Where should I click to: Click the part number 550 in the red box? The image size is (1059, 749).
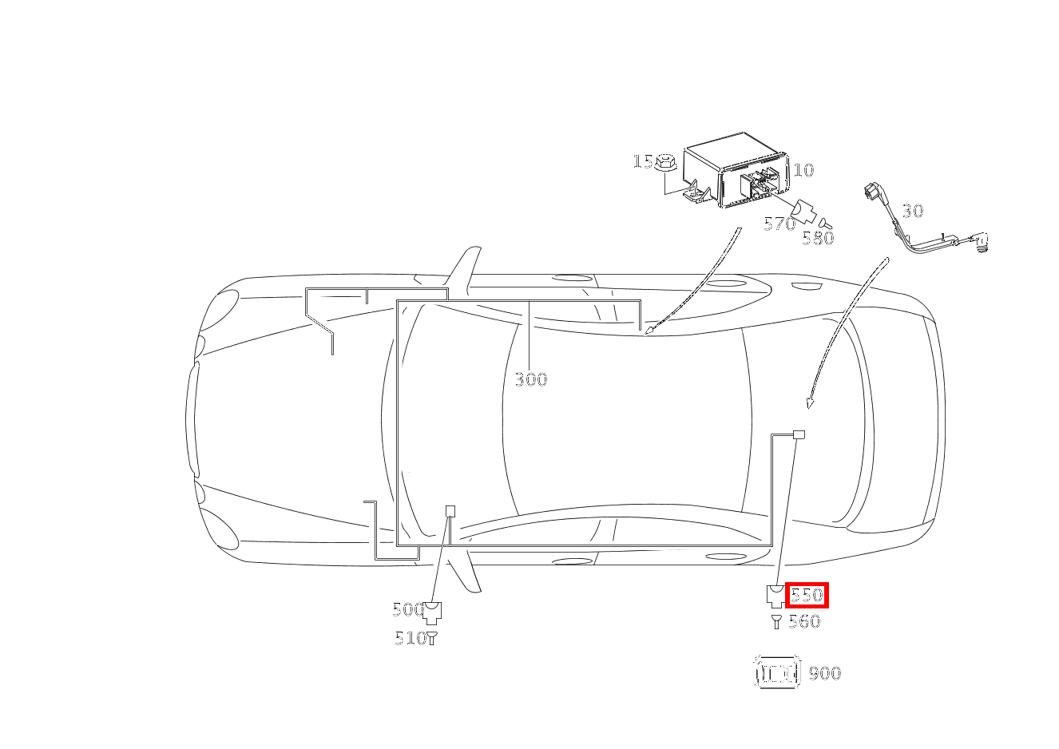coord(807,594)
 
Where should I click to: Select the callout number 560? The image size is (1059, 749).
coord(804,621)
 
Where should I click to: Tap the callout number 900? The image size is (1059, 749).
coord(825,673)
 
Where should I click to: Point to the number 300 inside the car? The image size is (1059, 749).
coord(531,379)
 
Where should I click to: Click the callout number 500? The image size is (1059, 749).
coord(407,609)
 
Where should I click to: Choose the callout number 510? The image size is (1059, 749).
coord(411,639)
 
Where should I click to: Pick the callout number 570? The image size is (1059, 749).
coord(779,224)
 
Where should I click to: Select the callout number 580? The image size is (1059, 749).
coord(818,238)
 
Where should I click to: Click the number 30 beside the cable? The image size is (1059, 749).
coord(912,211)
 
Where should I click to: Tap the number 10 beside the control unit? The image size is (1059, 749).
coord(803,170)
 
